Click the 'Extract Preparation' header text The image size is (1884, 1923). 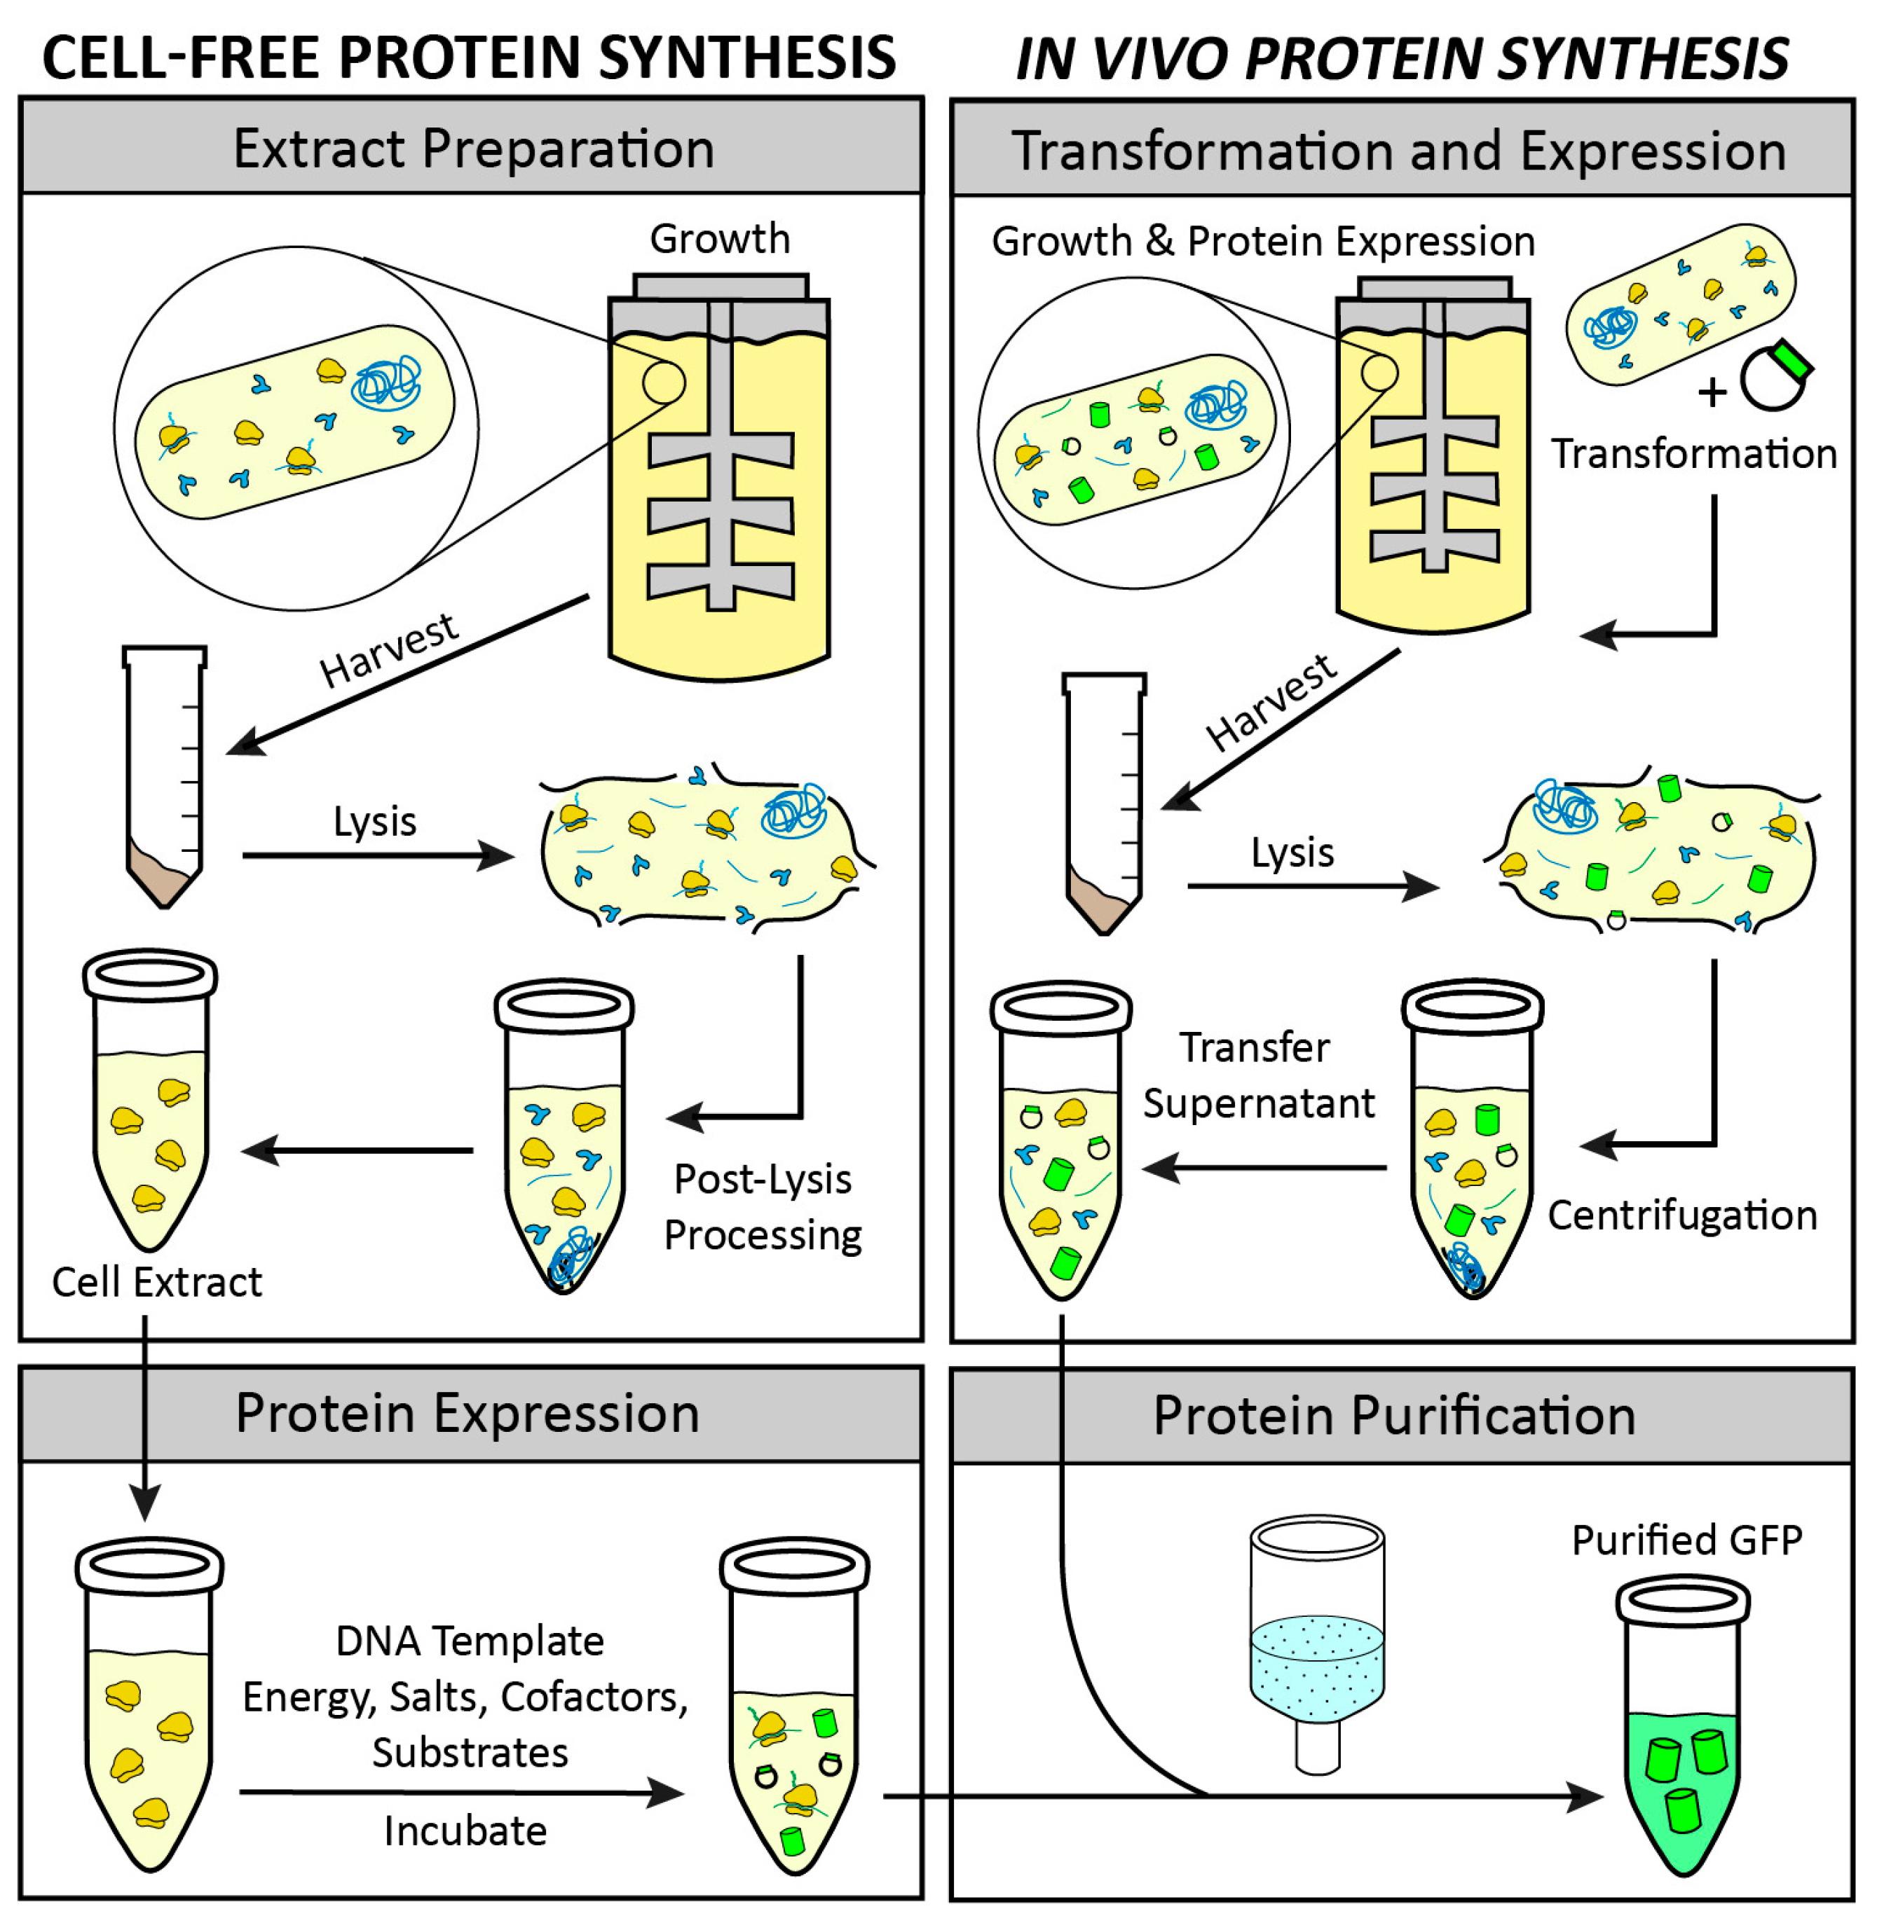click(x=473, y=149)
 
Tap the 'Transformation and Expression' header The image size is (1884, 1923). click(x=1398, y=151)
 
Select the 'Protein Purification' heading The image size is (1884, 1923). click(x=1393, y=1416)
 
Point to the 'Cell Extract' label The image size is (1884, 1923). click(x=156, y=1282)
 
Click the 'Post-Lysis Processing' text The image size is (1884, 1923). click(x=762, y=1207)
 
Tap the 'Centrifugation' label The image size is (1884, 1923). click(x=1681, y=1215)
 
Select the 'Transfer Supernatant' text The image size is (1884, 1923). click(x=1257, y=1075)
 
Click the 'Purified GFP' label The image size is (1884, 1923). click(x=1686, y=1541)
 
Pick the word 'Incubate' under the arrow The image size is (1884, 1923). click(x=465, y=1831)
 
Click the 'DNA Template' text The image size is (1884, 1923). click(x=469, y=1641)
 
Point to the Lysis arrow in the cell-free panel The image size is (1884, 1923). click(x=376, y=855)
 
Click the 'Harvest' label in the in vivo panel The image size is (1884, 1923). click(x=1271, y=703)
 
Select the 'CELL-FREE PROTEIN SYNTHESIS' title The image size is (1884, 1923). click(x=469, y=57)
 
